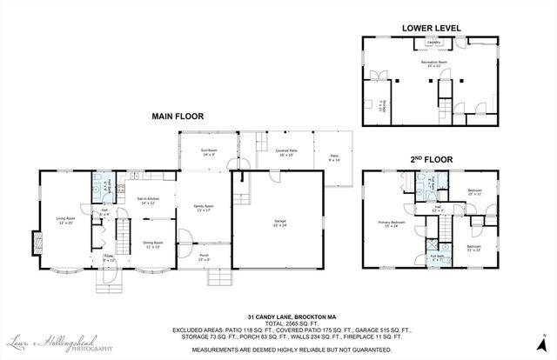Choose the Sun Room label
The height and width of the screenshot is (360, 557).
209,152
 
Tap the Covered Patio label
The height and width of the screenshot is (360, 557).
284,151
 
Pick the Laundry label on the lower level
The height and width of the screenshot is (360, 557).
431,41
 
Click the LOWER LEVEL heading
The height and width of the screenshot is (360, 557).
429,27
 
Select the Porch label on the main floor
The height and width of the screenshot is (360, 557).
204,257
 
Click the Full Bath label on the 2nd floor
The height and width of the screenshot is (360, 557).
436,257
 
